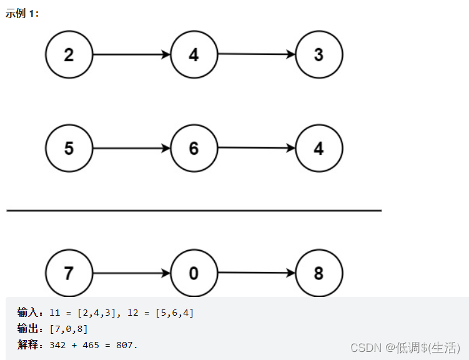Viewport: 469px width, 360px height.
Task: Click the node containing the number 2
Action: click(69, 55)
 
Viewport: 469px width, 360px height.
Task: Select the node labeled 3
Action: click(318, 55)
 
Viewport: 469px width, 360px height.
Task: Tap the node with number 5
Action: click(69, 148)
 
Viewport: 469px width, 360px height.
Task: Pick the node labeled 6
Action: click(194, 148)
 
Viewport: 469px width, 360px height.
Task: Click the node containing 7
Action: click(69, 273)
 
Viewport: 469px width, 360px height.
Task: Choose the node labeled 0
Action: click(194, 273)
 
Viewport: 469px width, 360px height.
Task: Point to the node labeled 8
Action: click(318, 273)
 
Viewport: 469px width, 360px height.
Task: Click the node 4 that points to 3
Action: click(194, 55)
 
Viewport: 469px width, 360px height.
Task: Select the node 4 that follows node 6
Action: click(318, 148)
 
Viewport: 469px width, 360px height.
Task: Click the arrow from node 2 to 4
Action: click(131, 55)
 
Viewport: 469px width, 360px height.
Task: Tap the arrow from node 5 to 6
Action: click(131, 148)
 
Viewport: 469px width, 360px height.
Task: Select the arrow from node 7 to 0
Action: click(131, 273)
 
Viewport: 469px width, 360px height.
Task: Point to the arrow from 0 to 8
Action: click(256, 273)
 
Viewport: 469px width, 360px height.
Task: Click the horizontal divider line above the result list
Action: click(194, 211)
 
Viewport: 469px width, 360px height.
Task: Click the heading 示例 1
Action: click(22, 14)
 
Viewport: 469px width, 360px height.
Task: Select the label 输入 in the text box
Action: click(27, 313)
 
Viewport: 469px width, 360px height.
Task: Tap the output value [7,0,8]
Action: click(68, 329)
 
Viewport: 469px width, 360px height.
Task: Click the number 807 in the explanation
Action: click(126, 344)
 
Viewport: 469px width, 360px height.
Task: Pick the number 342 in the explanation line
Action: click(58, 344)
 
